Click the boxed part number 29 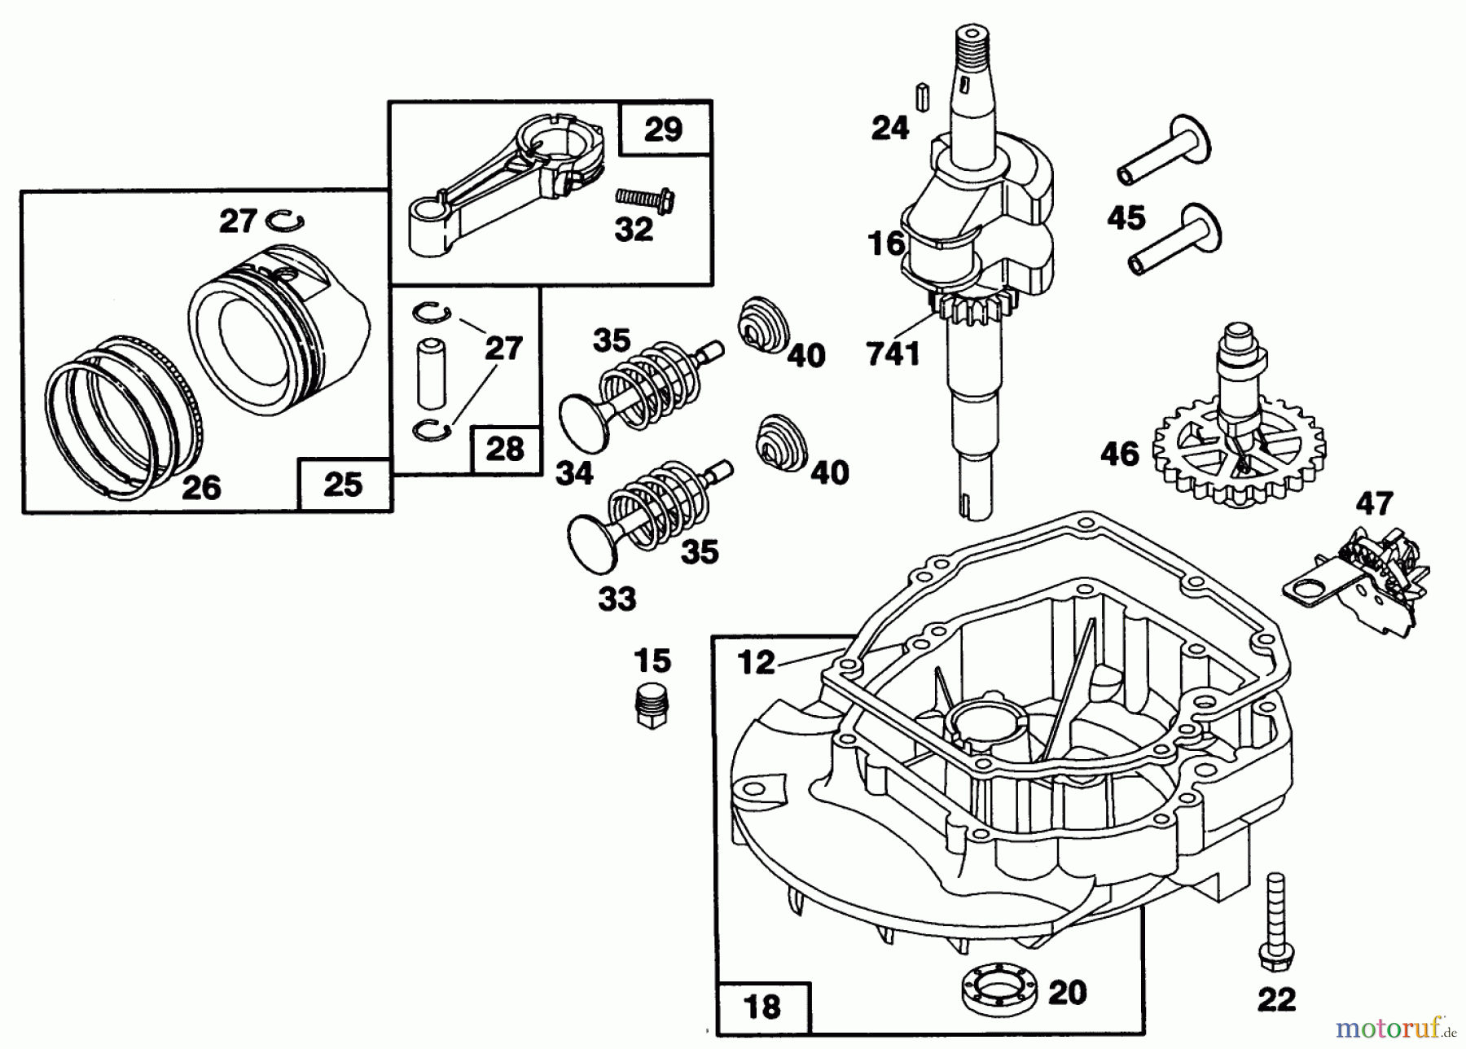(663, 129)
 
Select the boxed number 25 (342, 485)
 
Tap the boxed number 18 (762, 1007)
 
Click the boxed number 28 (504, 449)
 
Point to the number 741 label (893, 353)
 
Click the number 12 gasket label (756, 661)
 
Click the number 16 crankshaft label (886, 243)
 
